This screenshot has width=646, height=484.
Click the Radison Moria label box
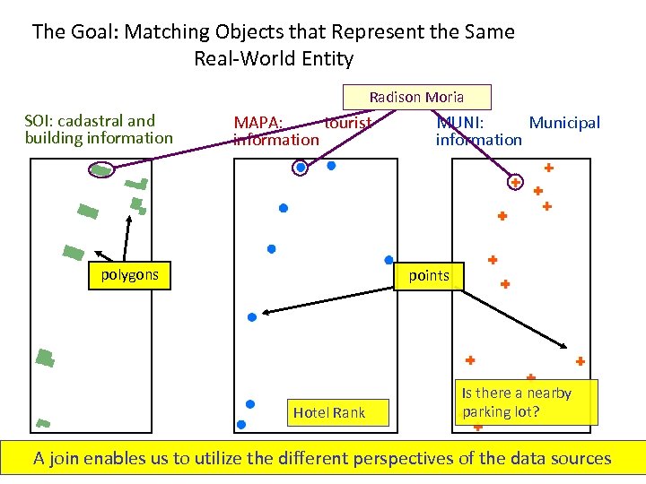click(x=416, y=97)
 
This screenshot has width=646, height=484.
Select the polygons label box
click(x=129, y=275)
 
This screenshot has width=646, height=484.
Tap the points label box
click(x=429, y=276)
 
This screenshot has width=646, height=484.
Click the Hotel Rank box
click(x=329, y=412)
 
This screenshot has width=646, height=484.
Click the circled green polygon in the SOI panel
click(x=102, y=170)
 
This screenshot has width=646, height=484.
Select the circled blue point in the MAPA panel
click(x=301, y=167)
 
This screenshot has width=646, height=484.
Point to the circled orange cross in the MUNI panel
click(x=516, y=182)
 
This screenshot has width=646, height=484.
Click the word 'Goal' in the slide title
click(x=93, y=32)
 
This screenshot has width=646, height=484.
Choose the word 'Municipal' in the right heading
click(x=564, y=123)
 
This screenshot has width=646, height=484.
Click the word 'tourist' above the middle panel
click(x=348, y=123)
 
